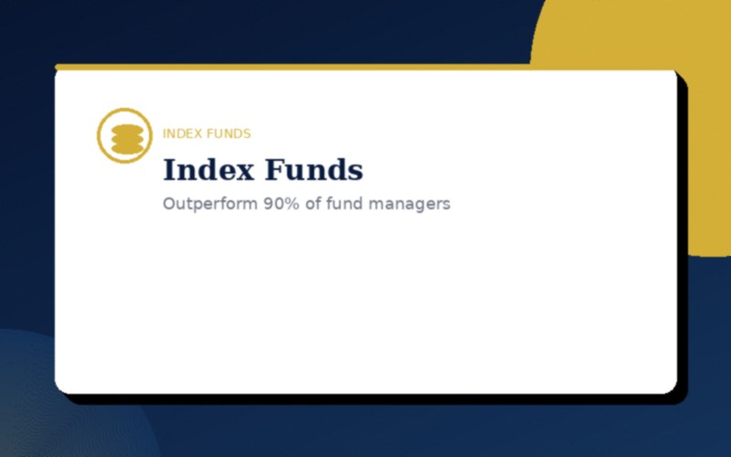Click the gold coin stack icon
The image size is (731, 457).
pyautogui.click(x=124, y=135)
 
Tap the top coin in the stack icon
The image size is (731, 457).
pyautogui.click(x=124, y=127)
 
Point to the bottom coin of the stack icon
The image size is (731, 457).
pyautogui.click(x=124, y=145)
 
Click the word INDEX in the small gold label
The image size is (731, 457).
pyautogui.click(x=182, y=133)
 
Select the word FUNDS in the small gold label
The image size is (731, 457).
pyautogui.click(x=228, y=133)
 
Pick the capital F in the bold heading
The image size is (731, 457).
pyautogui.click(x=274, y=170)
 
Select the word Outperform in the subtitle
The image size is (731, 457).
pyautogui.click(x=210, y=204)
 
